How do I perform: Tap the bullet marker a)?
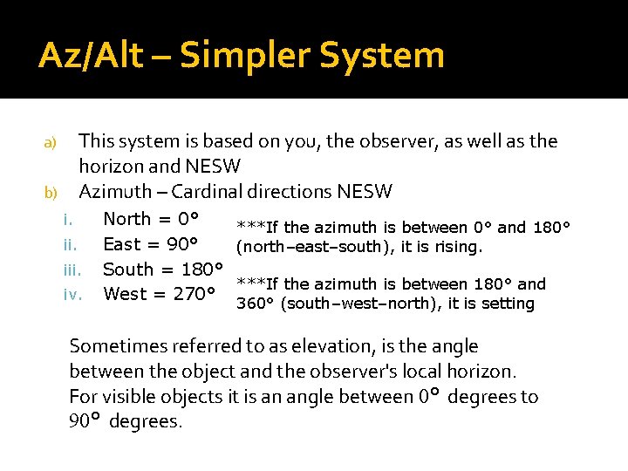(50, 142)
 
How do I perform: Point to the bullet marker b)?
(50, 192)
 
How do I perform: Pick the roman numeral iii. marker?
(73, 270)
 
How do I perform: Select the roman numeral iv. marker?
(73, 295)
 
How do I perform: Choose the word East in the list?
(123, 244)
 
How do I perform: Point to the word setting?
(507, 304)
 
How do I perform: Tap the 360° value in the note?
(254, 304)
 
